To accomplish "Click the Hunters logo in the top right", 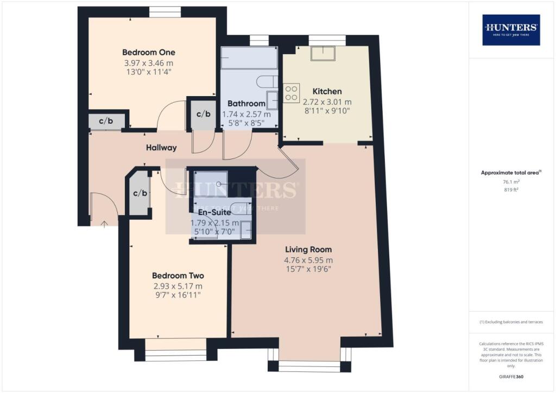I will [511, 30].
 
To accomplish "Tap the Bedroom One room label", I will [148, 53].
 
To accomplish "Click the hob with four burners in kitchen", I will [292, 92].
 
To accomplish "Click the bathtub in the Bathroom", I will [249, 58].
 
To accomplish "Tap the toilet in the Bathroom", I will [267, 82].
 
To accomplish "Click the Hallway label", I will [161, 148].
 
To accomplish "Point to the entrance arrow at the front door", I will [104, 222].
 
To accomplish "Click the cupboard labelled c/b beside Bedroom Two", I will [140, 193].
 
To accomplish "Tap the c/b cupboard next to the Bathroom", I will [203, 114].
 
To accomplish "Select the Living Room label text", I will [308, 250].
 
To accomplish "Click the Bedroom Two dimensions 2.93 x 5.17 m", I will [178, 286].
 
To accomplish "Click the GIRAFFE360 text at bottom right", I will [511, 377].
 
